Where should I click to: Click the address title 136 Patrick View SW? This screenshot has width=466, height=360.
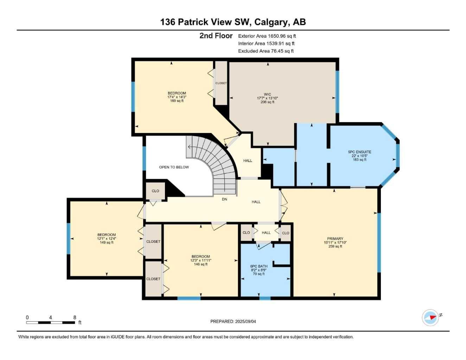pyautogui.click(x=233, y=22)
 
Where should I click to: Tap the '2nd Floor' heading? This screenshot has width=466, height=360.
pyautogui.click(x=216, y=36)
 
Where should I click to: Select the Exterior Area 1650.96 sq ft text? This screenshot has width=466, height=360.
pyautogui.click(x=267, y=36)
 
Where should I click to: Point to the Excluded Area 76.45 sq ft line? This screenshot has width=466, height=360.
pyautogui.click(x=266, y=51)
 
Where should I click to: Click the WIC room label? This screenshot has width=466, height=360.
pyautogui.click(x=267, y=94)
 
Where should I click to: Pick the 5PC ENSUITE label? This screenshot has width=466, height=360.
pyautogui.click(x=359, y=152)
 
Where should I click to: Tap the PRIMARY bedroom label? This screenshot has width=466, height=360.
pyautogui.click(x=335, y=239)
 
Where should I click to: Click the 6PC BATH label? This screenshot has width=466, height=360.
pyautogui.click(x=258, y=266)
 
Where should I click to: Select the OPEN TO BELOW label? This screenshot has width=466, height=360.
pyautogui.click(x=174, y=167)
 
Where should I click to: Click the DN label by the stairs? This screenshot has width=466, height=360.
pyautogui.click(x=224, y=199)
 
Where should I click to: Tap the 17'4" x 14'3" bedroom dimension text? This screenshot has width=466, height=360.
pyautogui.click(x=177, y=97)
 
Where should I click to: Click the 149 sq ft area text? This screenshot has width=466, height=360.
pyautogui.click(x=107, y=242)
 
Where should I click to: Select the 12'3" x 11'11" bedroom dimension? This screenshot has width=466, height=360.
pyautogui.click(x=201, y=260)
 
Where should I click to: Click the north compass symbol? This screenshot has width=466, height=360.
pyautogui.click(x=431, y=318)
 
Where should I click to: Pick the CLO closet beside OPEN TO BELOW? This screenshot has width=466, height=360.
pyautogui.click(x=155, y=191)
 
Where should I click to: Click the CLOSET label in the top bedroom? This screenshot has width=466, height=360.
pyautogui.click(x=221, y=83)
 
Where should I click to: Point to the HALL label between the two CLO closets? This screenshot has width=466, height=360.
pyautogui.click(x=266, y=233)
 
